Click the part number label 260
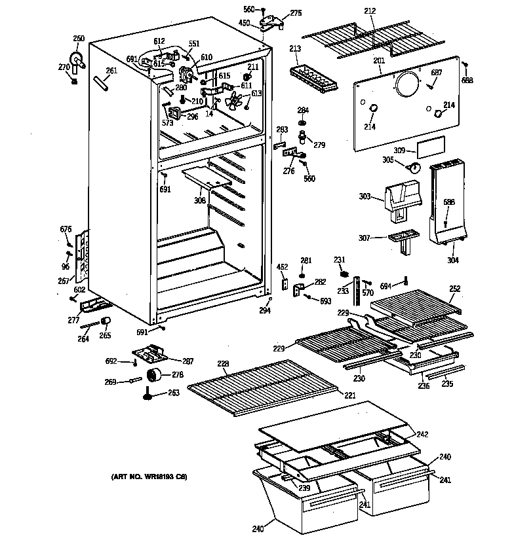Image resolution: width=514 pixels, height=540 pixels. pyautogui.click(x=79, y=39)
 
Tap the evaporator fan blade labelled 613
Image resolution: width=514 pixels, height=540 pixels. pyautogui.click(x=234, y=101)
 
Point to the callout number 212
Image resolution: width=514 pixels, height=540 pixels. pyautogui.click(x=370, y=10)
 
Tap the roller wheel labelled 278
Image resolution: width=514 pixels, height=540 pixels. pyautogui.click(x=156, y=376)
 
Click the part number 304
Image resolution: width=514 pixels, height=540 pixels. pyautogui.click(x=452, y=260)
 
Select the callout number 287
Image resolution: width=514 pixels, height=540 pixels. pyautogui.click(x=188, y=361)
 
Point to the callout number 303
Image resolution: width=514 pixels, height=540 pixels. pyautogui.click(x=365, y=196)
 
